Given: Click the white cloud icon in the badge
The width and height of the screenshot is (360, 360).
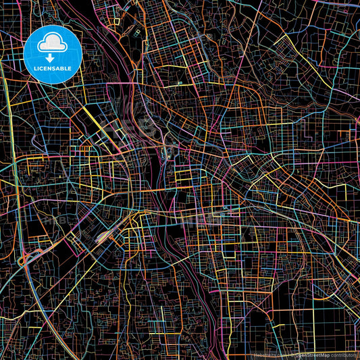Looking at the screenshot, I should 53,43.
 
